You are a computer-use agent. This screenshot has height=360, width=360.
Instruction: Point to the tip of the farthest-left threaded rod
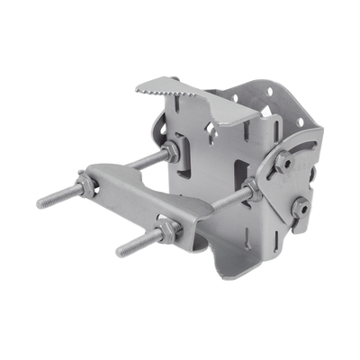tap(41, 204)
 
